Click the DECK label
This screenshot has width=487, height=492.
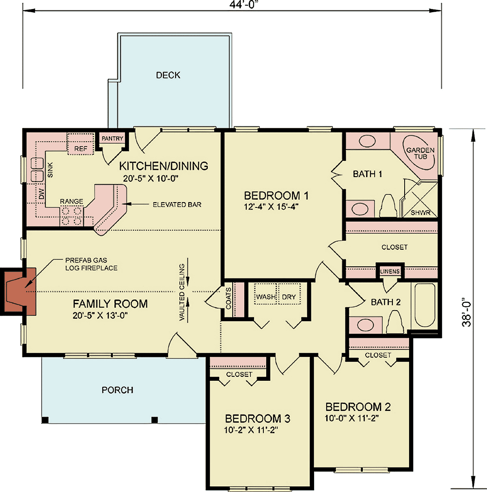pos(168,75)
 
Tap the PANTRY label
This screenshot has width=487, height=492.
pos(112,138)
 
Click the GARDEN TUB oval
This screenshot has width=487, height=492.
pos(418,152)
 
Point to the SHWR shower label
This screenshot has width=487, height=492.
pos(420,212)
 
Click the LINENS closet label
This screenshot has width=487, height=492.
pos(390,271)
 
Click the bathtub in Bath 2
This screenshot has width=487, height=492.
pos(425,305)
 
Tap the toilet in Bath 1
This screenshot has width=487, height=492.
pos(388,206)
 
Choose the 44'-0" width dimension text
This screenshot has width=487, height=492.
pos(242,4)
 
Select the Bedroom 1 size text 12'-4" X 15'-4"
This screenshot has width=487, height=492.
pos(271,207)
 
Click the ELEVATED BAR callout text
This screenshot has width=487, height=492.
pos(177,205)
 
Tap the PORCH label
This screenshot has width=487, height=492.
pos(117,390)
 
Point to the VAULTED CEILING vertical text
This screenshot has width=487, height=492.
pos(182,292)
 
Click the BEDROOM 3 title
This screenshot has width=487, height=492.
pos(257,419)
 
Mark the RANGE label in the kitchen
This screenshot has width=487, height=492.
pos(71,201)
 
